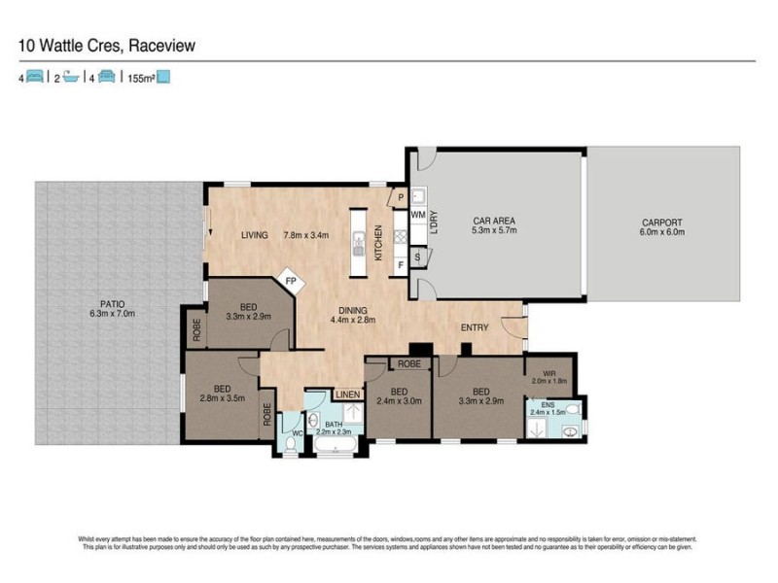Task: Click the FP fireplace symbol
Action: (x=290, y=282)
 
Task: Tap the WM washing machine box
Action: (x=418, y=214)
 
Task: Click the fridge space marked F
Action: (x=401, y=262)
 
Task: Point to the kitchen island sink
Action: (x=358, y=236)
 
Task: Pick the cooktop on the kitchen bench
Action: (x=399, y=236)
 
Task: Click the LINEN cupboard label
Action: (x=346, y=394)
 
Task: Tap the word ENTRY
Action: (x=474, y=327)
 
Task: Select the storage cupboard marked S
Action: (x=417, y=257)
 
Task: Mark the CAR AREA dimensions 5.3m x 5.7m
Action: (x=494, y=232)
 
